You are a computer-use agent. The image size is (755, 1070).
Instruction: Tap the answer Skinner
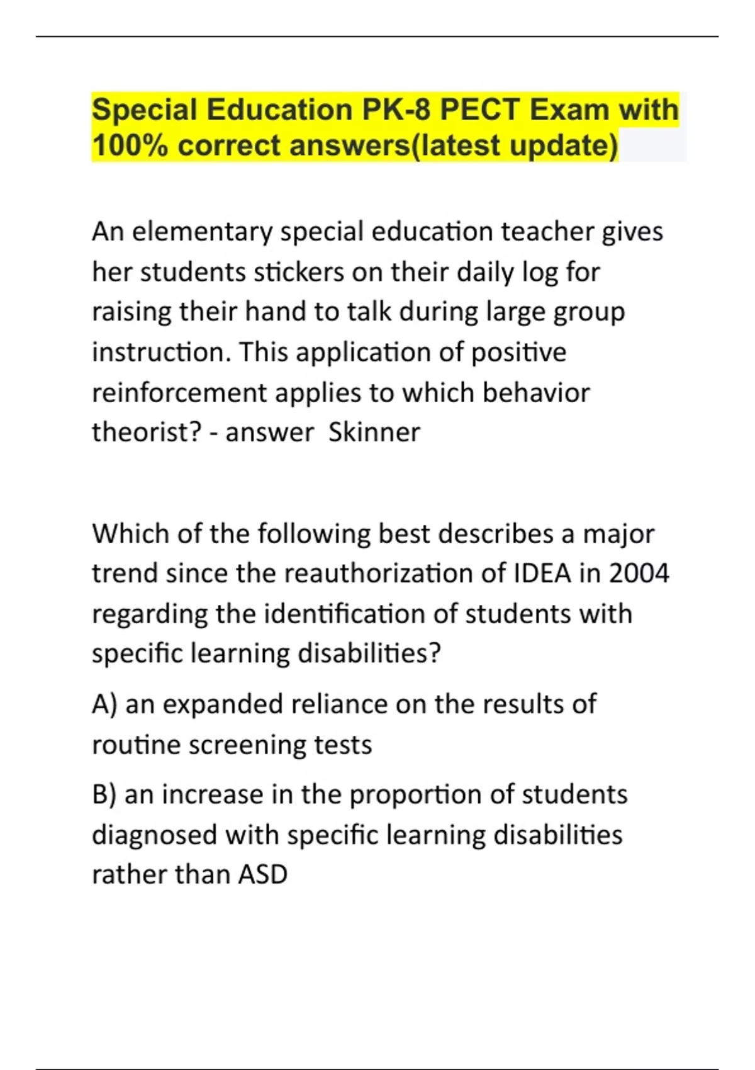(x=374, y=432)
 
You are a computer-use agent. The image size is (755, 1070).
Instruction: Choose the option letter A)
(x=104, y=704)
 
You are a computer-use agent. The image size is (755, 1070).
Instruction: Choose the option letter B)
(x=104, y=794)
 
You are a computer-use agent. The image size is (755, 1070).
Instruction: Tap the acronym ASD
(x=262, y=874)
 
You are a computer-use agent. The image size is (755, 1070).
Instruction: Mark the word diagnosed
(x=154, y=835)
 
